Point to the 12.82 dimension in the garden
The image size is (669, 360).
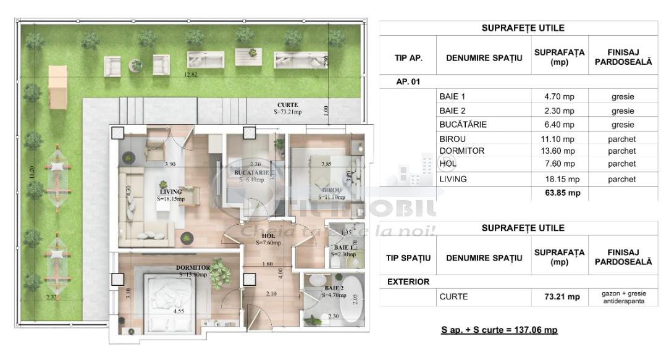(x=191, y=74)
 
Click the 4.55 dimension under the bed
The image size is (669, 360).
(x=179, y=311)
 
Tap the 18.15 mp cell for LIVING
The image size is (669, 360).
(x=559, y=179)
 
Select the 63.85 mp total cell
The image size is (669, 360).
(x=559, y=193)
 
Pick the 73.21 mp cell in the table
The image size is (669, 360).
(x=559, y=297)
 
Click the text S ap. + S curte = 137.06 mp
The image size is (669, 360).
(x=499, y=330)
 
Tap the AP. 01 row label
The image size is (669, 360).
(x=408, y=82)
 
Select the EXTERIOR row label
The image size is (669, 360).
(x=408, y=282)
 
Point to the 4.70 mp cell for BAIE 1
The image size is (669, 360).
(x=559, y=97)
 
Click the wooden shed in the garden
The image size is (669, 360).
(x=57, y=94)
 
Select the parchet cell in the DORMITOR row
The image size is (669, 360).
(x=621, y=151)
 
